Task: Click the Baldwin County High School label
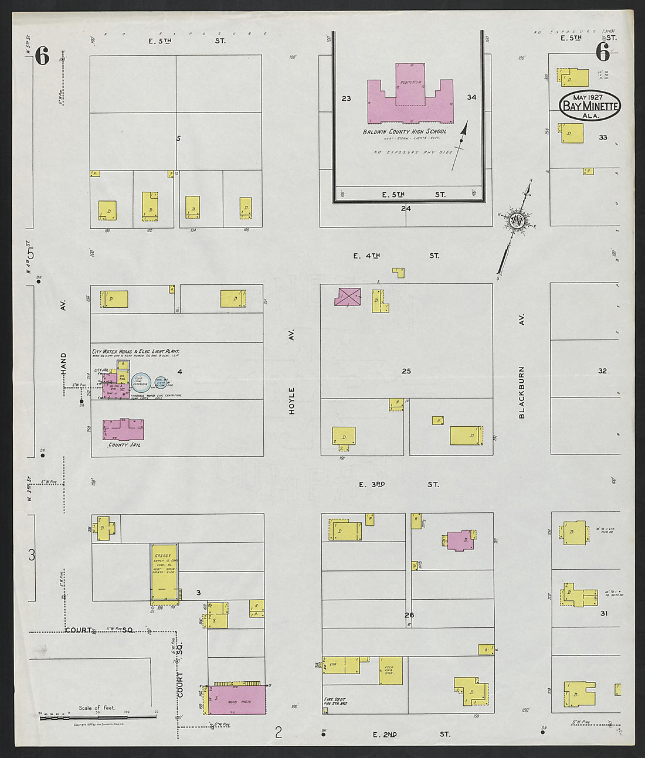click(x=404, y=131)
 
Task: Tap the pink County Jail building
click(x=123, y=430)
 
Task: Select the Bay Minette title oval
click(x=589, y=106)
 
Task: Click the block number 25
click(x=406, y=371)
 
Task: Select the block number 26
click(x=409, y=615)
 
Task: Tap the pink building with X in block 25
click(x=348, y=297)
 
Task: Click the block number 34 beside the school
click(x=471, y=97)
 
